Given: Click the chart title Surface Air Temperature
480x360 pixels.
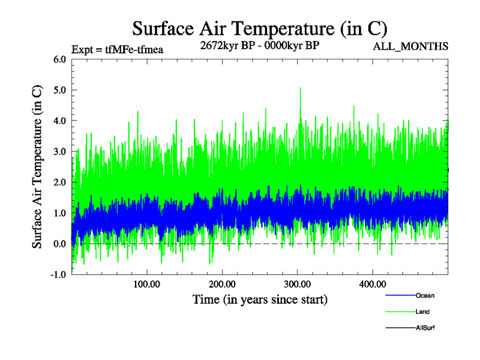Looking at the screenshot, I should click(260, 28).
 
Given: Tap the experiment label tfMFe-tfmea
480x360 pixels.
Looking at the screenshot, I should click(117, 49).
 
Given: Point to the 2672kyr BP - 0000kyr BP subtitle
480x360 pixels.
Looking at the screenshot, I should click(259, 45).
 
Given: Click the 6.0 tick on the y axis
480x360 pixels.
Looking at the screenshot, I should click(59, 59).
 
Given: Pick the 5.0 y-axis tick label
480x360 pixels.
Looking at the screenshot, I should click(59, 90).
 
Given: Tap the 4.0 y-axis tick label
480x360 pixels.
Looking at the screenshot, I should click(59, 121).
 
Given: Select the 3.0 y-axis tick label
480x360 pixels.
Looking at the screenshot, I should click(59, 152).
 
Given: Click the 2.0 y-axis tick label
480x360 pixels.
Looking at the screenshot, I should click(59, 182).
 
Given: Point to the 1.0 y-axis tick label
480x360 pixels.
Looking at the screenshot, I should click(59, 213).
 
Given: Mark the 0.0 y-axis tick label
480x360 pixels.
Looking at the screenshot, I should click(59, 244).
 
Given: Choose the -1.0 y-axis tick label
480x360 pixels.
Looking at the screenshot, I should click(58, 275).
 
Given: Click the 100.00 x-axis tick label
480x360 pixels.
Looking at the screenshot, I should click(146, 284).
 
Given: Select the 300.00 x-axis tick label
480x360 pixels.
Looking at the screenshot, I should click(298, 284).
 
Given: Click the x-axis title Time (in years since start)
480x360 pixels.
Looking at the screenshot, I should click(260, 299).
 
